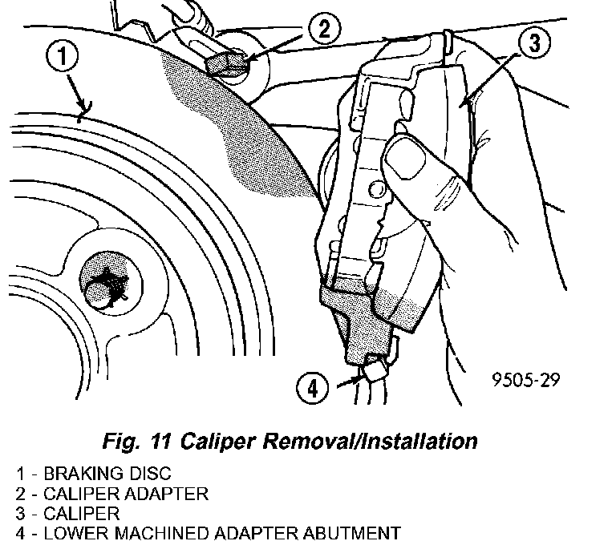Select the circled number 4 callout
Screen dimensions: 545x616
[x=313, y=390]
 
